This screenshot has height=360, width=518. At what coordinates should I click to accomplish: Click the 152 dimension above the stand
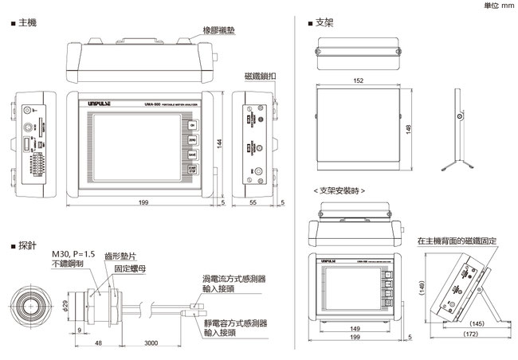(x=359, y=80)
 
